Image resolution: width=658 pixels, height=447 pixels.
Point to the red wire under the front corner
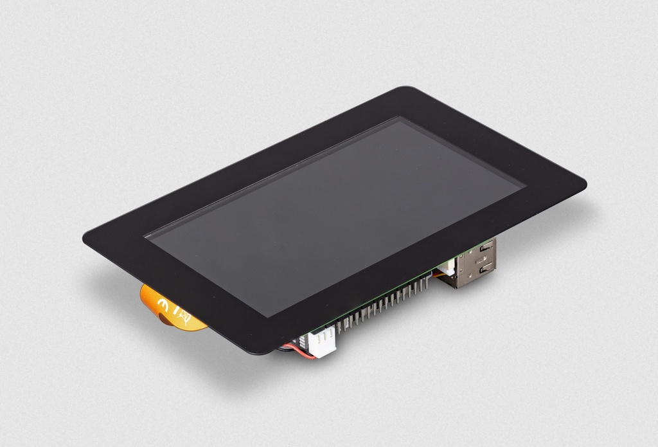coord(303,353)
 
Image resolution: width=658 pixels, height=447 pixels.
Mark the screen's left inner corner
coord(145,236)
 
